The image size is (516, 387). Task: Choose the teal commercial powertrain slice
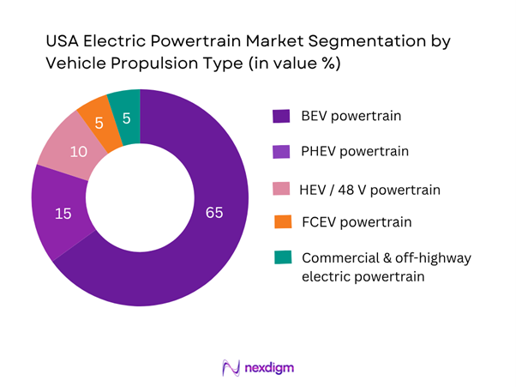click(x=125, y=105)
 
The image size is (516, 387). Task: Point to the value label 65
click(x=213, y=212)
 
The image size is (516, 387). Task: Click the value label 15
click(x=63, y=213)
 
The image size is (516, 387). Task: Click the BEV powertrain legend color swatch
click(x=279, y=116)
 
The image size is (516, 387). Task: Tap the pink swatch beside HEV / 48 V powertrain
click(x=279, y=187)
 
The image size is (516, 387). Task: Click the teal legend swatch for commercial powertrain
click(x=279, y=257)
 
